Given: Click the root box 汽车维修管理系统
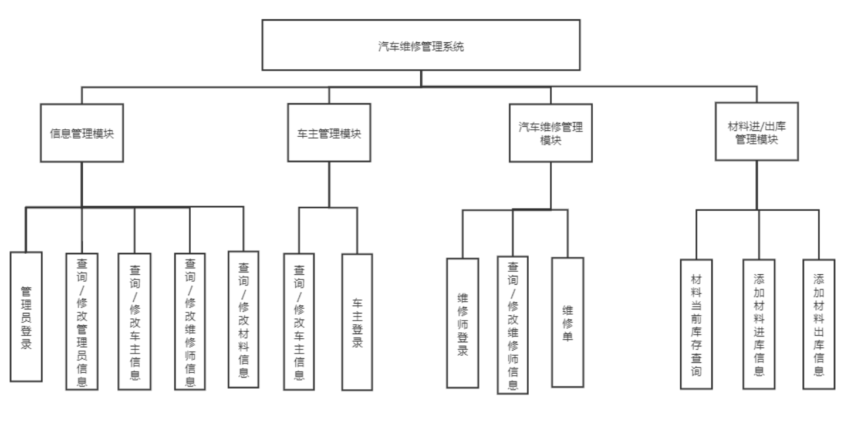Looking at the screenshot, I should [x=421, y=45].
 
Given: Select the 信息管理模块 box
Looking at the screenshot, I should [x=82, y=133].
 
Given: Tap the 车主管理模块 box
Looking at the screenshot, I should [x=329, y=133].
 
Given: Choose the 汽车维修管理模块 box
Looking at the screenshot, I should [x=551, y=133].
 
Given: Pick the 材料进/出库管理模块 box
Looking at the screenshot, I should [x=757, y=132].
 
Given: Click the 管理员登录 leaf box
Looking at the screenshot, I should [x=26, y=316].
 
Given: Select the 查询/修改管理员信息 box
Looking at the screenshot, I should [x=82, y=321].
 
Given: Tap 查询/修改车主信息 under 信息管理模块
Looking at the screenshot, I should [x=134, y=321].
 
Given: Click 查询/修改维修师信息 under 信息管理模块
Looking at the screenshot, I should [x=190, y=321].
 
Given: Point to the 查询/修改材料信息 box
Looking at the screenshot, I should [x=244, y=319].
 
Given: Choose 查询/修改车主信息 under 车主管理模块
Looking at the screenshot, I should [x=299, y=321].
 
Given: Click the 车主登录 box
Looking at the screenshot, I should [x=357, y=322].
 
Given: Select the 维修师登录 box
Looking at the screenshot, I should [x=462, y=323].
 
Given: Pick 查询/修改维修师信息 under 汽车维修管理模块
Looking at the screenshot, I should [x=512, y=325].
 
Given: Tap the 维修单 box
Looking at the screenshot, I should [x=568, y=322].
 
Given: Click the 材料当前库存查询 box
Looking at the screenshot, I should [x=696, y=324].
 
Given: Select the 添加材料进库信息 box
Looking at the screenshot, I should [x=759, y=324].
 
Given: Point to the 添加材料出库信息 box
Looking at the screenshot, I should [x=819, y=324].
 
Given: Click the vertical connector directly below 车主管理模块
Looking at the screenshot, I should [x=329, y=184].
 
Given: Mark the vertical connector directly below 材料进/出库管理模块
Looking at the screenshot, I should [x=757, y=184].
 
